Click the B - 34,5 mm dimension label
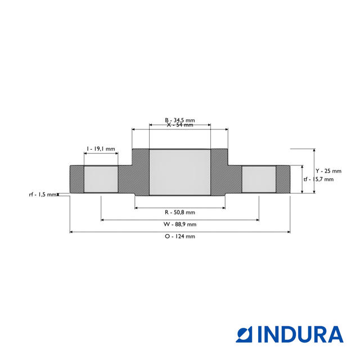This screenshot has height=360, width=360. click(x=179, y=120)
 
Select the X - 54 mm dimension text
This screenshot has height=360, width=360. click(x=179, y=125)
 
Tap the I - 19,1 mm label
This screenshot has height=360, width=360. click(x=101, y=149)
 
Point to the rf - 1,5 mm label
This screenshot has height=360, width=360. click(x=43, y=194)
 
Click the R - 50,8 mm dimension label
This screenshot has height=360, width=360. click(x=179, y=212)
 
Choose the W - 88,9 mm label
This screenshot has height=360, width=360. click(x=180, y=224)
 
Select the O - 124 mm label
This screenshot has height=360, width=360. click(x=180, y=236)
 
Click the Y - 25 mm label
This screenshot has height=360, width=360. click(x=328, y=170)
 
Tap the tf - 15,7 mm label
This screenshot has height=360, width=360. click(x=318, y=179)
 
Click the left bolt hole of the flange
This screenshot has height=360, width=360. click(x=101, y=179)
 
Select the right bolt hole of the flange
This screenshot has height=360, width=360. click(x=259, y=179)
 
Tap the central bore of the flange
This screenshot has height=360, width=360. click(x=179, y=172)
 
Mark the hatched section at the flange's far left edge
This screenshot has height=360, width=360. click(x=76, y=179)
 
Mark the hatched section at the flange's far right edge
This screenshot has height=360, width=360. click(x=283, y=179)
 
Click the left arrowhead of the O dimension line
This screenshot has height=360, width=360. click(x=71, y=231)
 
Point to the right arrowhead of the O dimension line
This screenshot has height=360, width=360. click(x=289, y=231)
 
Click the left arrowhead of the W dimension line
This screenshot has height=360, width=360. click(x=102, y=219)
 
